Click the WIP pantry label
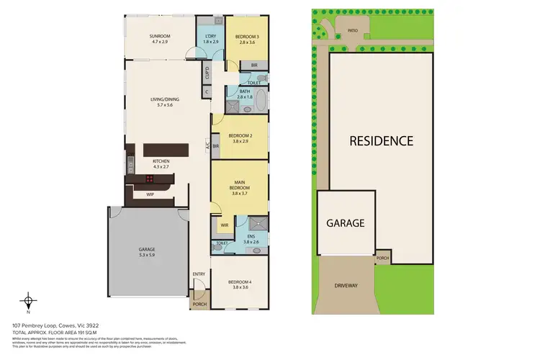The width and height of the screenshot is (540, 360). click(150, 194)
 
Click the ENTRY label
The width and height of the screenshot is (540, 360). click(199, 274)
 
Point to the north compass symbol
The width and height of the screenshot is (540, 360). click(28, 301)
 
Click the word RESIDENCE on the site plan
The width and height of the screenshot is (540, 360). click(381, 141)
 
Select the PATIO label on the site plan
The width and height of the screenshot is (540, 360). click(353, 31)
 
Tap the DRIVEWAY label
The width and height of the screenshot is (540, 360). click(346, 286)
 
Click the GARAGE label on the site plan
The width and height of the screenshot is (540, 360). click(346, 223)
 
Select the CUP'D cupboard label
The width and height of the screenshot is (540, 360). click(207, 73)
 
